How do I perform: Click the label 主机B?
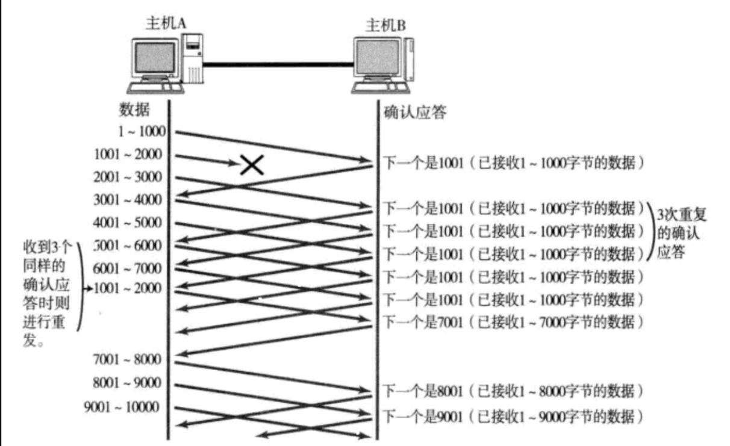pos(385,25)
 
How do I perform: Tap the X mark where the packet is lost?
pos(252,164)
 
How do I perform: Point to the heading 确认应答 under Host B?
pos(415,112)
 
